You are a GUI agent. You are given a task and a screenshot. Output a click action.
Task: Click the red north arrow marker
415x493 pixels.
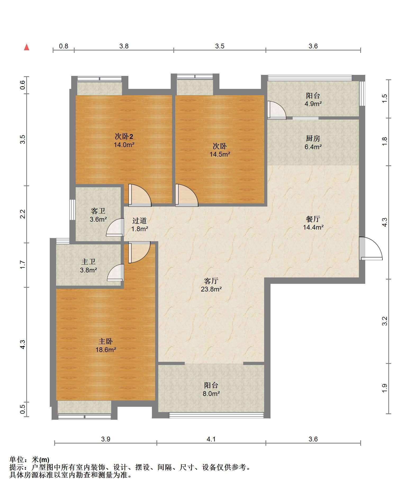pyautogui.click(x=26, y=47)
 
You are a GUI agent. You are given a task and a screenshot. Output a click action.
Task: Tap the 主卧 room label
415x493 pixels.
pyautogui.click(x=106, y=341)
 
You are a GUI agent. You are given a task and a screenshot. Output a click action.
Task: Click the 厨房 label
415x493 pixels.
pyautogui.click(x=313, y=138)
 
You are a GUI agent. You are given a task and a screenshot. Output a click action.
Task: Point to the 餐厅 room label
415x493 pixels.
pyautogui.click(x=313, y=219)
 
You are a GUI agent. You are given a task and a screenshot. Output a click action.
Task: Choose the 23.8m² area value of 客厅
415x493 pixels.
pyautogui.click(x=211, y=289)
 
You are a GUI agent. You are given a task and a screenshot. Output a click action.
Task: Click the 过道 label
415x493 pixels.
pyautogui.click(x=139, y=220)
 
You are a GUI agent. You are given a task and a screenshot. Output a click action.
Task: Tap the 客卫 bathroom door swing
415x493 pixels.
pyautogui.click(x=115, y=227)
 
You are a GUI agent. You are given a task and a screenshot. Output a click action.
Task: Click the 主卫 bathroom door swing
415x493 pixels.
pyautogui.click(x=116, y=272)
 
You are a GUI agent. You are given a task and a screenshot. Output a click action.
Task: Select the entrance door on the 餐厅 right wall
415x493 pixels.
pyautogui.click(x=371, y=248)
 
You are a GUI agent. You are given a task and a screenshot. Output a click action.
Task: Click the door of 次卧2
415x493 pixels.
pyautogui.click(x=140, y=195)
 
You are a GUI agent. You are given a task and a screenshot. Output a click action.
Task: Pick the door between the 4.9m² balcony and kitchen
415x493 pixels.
pyautogui.click(x=277, y=110)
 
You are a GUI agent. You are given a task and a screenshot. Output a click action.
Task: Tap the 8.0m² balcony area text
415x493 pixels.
pyautogui.click(x=211, y=394)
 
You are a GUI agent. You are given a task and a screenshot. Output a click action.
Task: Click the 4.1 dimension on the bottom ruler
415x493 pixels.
pyautogui.click(x=211, y=439)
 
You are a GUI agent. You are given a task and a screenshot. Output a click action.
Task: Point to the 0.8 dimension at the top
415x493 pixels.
pyautogui.click(x=64, y=46)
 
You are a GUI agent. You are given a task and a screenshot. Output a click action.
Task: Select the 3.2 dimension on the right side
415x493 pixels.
pyautogui.click(x=385, y=321)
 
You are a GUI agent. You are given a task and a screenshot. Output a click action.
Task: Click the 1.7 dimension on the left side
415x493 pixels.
pyautogui.click(x=23, y=265)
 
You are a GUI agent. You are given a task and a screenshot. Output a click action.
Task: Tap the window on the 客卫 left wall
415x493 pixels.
pyautogui.click(x=73, y=210)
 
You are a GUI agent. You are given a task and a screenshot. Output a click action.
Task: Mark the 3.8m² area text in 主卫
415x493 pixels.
pyautogui.click(x=88, y=270)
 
